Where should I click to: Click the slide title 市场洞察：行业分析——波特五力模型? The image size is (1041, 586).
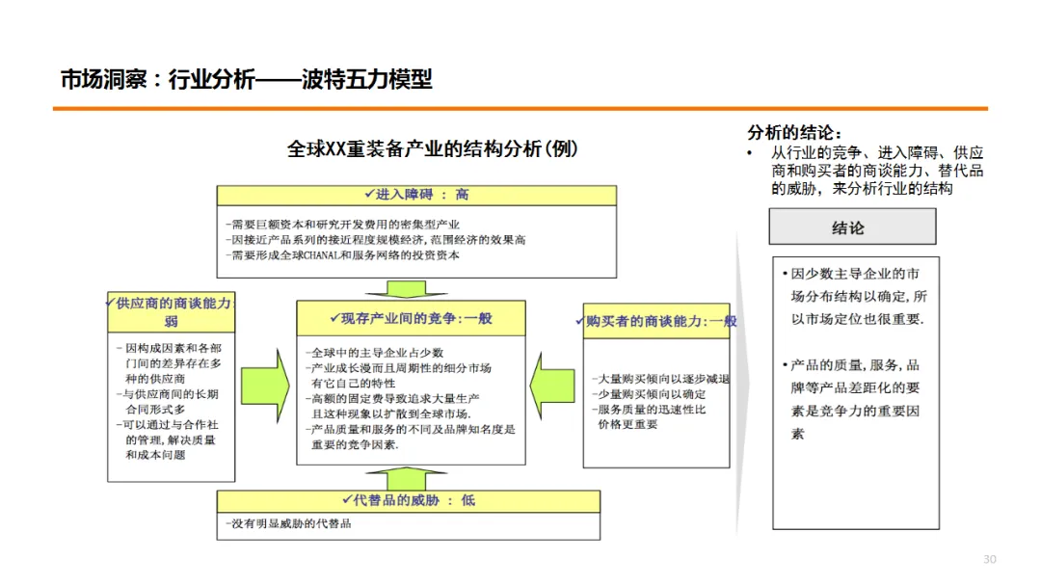(x=246, y=79)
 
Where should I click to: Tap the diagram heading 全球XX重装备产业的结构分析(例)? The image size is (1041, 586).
(x=433, y=148)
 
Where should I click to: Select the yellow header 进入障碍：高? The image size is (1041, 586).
(x=416, y=194)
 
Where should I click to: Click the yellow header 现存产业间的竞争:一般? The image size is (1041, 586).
(x=411, y=317)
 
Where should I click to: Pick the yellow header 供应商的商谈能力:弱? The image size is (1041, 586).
(x=172, y=312)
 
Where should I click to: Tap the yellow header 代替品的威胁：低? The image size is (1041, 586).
(x=409, y=500)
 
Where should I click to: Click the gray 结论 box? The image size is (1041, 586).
(x=851, y=227)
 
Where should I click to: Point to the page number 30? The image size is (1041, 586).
(x=989, y=560)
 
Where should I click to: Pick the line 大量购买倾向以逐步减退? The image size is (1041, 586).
(x=661, y=379)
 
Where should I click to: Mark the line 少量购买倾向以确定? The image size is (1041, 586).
(x=649, y=394)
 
